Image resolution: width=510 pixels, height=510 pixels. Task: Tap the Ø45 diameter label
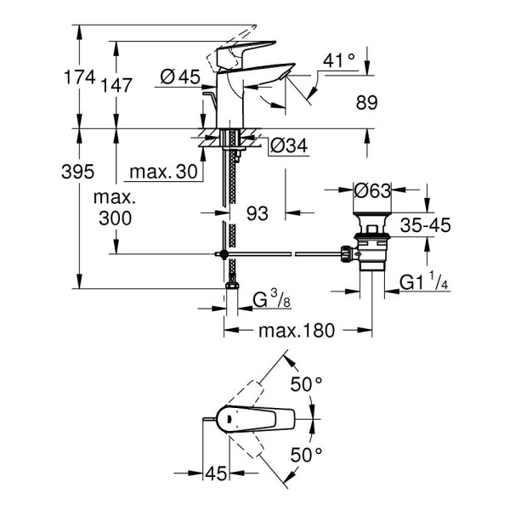click(179, 78)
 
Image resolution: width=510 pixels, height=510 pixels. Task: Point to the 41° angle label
click(337, 60)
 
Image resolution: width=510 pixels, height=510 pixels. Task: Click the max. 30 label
click(163, 173)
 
